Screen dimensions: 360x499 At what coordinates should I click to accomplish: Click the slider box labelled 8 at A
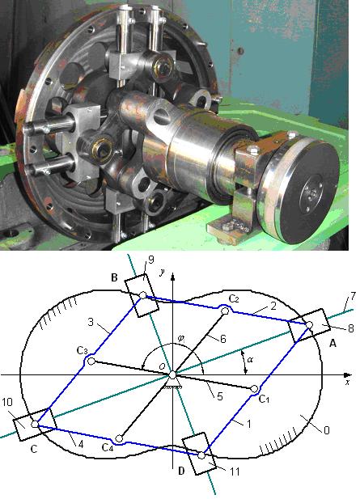(x=310, y=324)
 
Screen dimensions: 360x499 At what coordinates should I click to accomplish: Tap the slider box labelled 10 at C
(x=35, y=425)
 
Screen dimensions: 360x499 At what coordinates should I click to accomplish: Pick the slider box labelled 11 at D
(x=199, y=454)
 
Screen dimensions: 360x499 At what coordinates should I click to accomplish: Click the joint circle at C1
(x=254, y=389)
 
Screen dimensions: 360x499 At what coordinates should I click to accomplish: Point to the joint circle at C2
(x=225, y=311)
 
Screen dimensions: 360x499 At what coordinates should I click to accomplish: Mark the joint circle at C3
(x=91, y=362)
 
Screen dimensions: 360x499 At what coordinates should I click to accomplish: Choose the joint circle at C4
(x=119, y=439)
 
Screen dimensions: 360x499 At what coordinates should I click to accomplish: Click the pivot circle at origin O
(x=172, y=375)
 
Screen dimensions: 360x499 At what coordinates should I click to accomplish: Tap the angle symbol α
(x=250, y=360)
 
